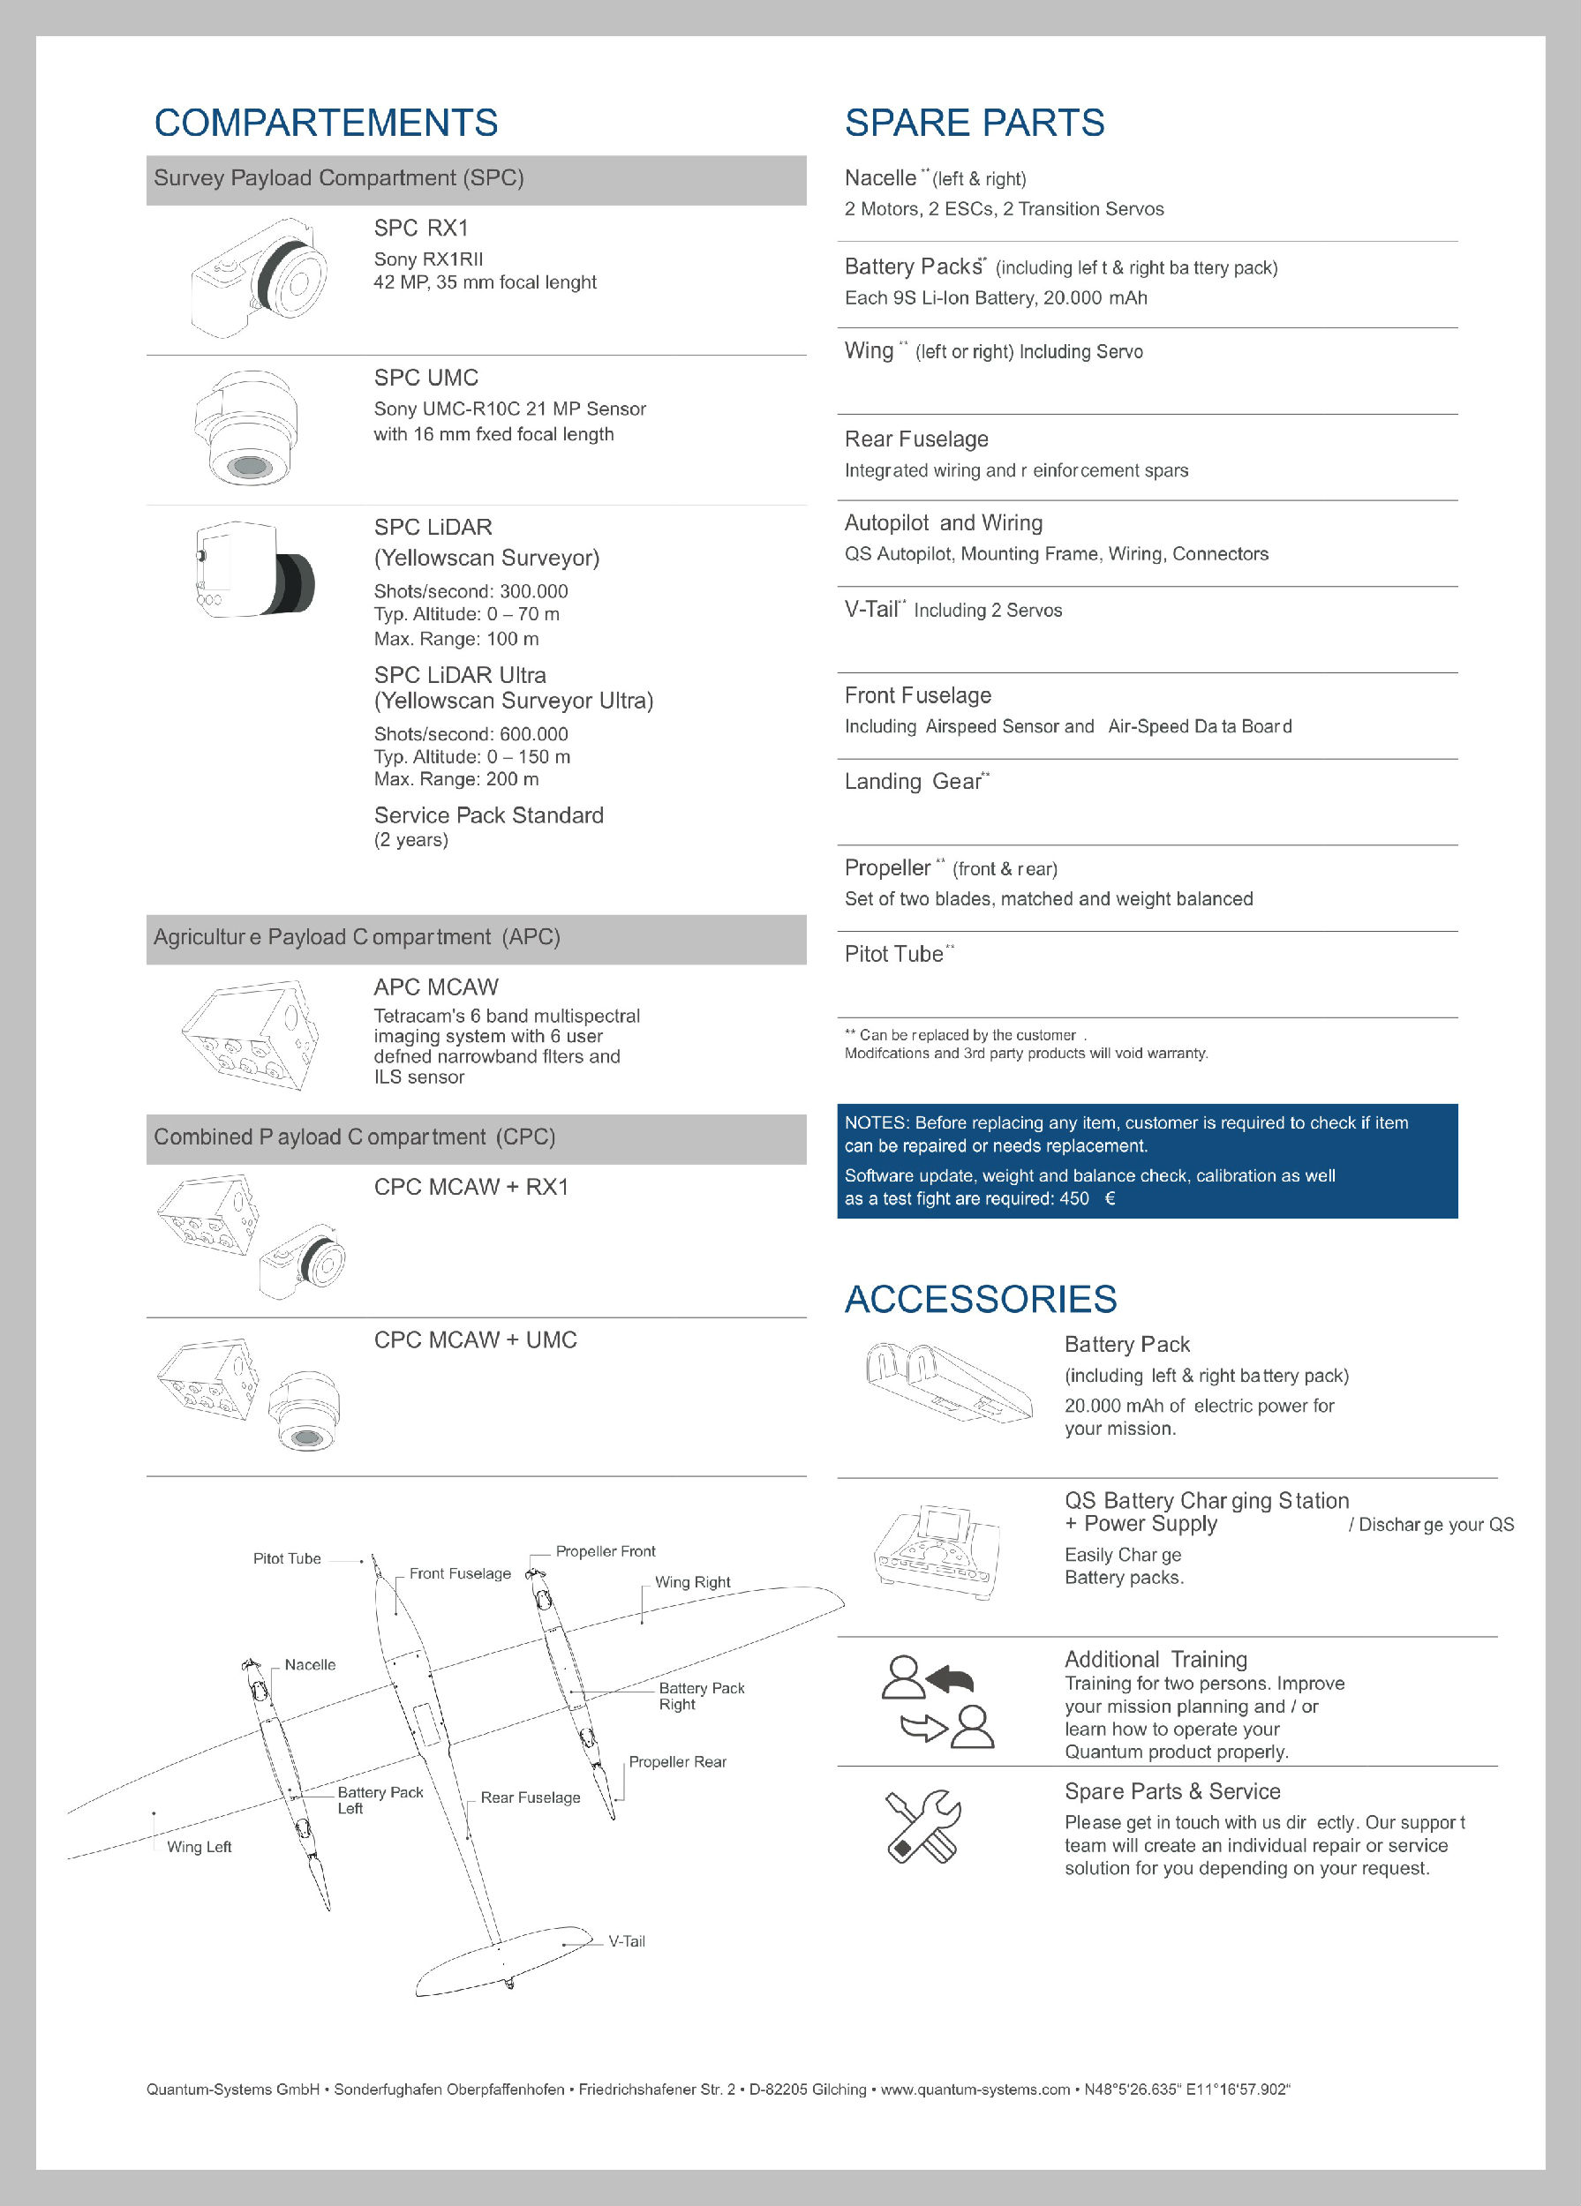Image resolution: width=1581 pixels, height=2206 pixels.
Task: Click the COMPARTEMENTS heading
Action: coord(326,124)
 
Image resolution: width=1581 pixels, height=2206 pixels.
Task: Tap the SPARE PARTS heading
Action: coord(974,124)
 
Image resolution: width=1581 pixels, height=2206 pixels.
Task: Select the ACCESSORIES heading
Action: coord(981,1300)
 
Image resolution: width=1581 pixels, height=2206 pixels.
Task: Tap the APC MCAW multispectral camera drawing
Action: coord(250,1033)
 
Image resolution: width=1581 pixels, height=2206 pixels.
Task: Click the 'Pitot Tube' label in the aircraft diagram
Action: coord(287,1558)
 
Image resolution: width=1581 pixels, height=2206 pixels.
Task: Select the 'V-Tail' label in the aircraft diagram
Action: coord(627,1941)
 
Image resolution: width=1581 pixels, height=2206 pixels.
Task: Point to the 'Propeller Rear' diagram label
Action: coord(677,1761)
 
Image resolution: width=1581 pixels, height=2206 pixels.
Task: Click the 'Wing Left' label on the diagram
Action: coord(200,1846)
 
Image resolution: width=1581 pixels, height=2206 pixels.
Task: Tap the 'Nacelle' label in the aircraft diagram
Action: coord(309,1664)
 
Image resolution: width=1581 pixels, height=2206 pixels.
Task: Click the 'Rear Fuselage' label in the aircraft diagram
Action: coord(531,1797)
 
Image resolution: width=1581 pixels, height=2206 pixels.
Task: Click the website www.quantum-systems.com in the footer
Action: coord(975,2090)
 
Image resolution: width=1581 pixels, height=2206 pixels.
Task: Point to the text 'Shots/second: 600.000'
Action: coord(471,734)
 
